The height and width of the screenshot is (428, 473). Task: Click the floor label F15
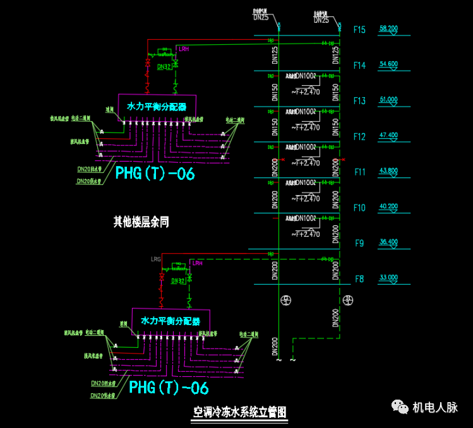coord(359,30)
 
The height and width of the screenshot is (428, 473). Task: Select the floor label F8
coord(359,278)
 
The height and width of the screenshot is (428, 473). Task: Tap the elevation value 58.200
coord(388,29)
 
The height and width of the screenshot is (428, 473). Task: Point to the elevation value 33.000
coord(388,277)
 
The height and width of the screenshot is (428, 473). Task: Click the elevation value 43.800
coord(388,171)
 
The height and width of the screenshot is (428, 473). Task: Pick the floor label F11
coord(359,172)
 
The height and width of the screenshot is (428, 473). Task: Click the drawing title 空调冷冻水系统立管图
coord(239,412)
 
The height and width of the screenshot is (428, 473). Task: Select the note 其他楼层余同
coord(141,222)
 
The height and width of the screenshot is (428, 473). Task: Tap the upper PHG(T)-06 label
coord(155,174)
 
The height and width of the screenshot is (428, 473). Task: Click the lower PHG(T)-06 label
coord(169,387)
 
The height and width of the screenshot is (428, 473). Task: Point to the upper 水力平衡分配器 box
coord(157,107)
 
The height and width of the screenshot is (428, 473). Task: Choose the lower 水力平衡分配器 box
coord(171,321)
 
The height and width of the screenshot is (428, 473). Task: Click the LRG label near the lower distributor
coord(156,259)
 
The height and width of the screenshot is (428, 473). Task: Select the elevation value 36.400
coord(388,242)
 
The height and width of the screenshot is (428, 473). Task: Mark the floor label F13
coord(359,101)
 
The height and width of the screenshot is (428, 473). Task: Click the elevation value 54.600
coord(388,64)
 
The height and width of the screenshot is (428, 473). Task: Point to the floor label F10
coord(359,208)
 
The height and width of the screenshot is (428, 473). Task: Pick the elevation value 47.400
coord(388,136)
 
